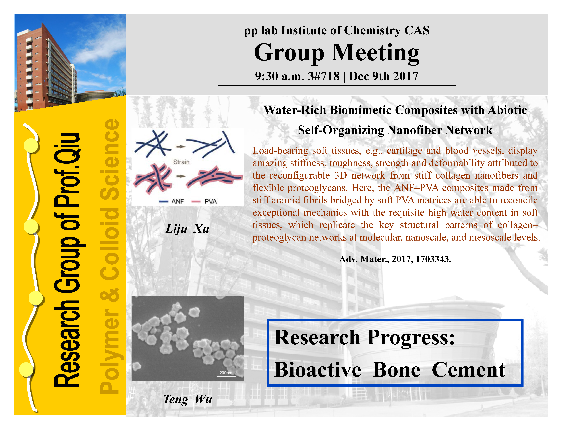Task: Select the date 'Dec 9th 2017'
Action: (384, 76)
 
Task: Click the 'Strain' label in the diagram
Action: (181, 162)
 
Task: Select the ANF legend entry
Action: (172, 201)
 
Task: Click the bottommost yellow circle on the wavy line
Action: (26, 369)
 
